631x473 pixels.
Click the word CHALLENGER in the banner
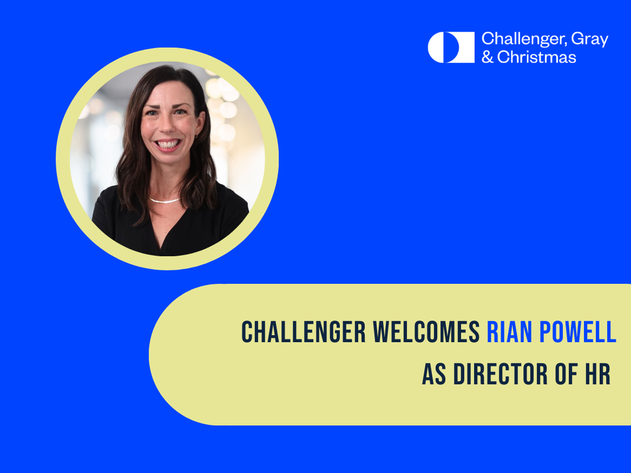coord(304,332)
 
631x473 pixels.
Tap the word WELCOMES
coord(426,332)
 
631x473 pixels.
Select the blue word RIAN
coord(509,332)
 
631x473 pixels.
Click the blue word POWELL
coord(577,332)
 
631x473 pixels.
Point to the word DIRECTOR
coord(501,374)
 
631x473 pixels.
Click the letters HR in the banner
coord(597,374)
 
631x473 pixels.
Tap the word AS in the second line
coord(434,374)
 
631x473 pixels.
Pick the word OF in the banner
coord(566,374)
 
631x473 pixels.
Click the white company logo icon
coord(451,48)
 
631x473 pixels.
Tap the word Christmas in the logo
coord(536,57)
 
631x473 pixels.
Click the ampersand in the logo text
coord(488,57)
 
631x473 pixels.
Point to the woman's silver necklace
coord(164,201)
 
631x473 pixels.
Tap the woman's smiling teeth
coord(167,144)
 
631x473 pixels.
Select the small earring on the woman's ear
coord(196,136)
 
